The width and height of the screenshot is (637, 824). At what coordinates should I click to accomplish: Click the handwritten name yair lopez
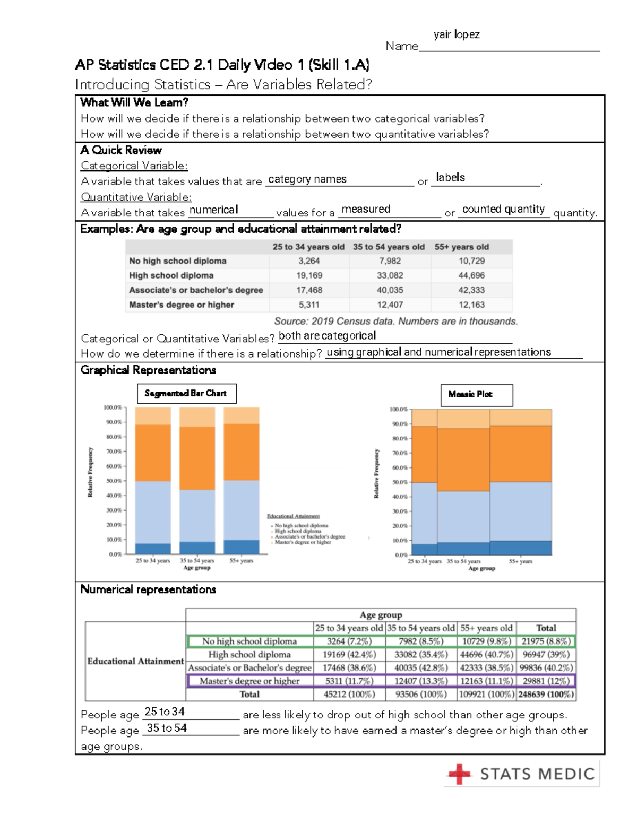(456, 35)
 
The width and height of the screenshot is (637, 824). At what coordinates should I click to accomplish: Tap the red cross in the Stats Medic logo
(459, 774)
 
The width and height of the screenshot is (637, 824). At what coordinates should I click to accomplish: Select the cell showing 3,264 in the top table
(309, 261)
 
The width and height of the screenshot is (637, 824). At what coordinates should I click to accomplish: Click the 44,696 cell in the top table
(471, 275)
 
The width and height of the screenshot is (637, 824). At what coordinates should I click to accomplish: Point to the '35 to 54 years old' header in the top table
(389, 247)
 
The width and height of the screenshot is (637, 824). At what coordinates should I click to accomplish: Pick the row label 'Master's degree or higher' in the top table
(182, 305)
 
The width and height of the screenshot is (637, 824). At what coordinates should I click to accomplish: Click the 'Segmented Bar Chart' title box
(186, 393)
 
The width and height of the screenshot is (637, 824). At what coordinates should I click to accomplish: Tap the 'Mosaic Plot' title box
(476, 395)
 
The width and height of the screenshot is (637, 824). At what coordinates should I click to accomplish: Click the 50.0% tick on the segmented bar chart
(114, 481)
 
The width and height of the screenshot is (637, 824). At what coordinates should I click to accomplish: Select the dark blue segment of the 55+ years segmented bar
(242, 547)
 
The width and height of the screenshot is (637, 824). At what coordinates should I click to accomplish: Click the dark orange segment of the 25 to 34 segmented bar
(153, 453)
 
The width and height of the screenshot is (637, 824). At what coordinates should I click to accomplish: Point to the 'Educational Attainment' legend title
(293, 516)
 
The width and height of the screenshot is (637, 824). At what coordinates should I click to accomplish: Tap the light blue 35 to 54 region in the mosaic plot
(463, 516)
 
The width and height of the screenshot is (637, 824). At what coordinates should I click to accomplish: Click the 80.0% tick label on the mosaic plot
(399, 438)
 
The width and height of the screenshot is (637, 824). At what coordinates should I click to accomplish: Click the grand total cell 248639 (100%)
(546, 694)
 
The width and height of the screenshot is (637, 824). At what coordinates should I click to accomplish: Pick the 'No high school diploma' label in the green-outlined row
(249, 641)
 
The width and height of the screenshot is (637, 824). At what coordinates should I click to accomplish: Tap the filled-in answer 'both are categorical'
(327, 336)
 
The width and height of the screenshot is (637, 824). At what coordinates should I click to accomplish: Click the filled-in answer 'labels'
(450, 178)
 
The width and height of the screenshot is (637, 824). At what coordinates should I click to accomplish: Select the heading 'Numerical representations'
(148, 589)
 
